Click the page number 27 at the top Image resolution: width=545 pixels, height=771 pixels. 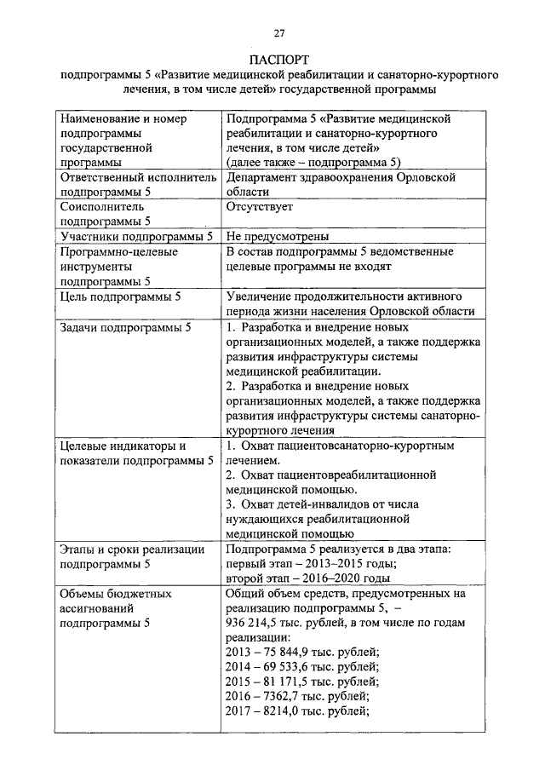(x=278, y=32)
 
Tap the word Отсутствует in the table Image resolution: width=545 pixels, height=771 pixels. (x=260, y=206)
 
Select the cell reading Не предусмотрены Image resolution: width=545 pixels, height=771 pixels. (x=278, y=236)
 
